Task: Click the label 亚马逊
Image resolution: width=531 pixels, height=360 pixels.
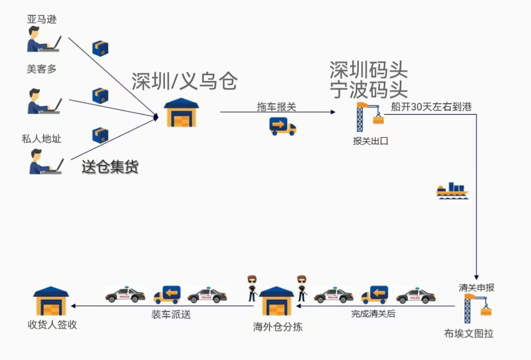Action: point(41,20)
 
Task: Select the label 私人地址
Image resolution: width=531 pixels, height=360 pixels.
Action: point(41,139)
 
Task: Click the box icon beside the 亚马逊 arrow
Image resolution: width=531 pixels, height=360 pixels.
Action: point(100,48)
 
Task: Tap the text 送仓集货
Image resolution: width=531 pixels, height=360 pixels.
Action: point(110,167)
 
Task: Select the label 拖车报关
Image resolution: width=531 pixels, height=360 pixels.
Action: point(276,107)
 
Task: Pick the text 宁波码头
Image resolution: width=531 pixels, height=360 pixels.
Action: point(369,90)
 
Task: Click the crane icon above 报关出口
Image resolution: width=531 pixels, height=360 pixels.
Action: point(370,117)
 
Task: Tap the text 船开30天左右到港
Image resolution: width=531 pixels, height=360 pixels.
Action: point(431,106)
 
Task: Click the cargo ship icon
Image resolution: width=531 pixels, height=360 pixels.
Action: point(452,191)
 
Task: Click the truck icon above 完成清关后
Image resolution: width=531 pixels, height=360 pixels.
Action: point(374,295)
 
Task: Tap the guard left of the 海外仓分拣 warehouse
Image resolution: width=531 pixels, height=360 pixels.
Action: point(252,287)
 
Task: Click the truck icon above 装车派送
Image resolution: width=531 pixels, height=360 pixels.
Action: point(167,295)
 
